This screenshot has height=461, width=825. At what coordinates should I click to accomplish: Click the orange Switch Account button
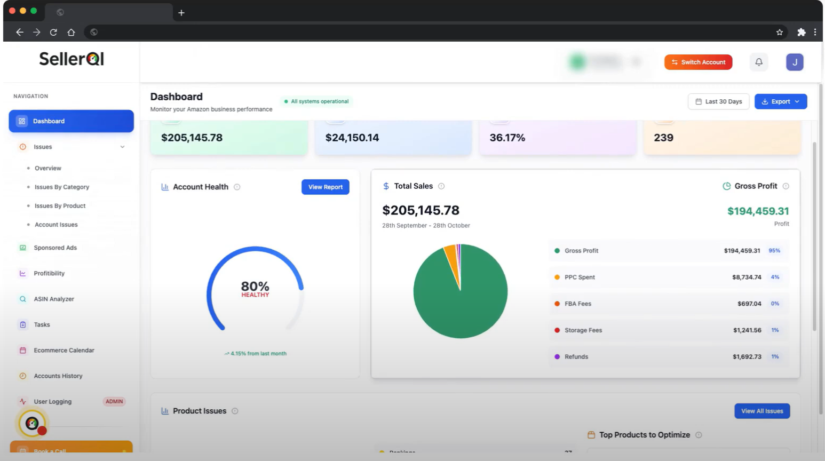698,62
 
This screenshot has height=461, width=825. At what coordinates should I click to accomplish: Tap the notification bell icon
759,62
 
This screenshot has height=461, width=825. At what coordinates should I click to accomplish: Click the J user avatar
795,62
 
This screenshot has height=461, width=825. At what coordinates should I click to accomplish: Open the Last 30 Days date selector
719,101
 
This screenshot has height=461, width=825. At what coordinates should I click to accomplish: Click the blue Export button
780,101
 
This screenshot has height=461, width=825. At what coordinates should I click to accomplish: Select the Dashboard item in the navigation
71,121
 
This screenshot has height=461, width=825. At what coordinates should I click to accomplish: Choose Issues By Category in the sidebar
62,187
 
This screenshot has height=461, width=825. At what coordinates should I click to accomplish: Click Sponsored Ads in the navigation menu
55,248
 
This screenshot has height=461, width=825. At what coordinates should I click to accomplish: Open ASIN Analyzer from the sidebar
54,299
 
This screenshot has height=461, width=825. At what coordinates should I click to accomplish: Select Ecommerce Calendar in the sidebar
64,351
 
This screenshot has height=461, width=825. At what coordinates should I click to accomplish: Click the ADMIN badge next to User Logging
114,402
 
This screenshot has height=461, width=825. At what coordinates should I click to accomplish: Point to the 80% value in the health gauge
255,287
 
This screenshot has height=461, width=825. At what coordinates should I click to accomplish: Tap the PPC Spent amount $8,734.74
747,277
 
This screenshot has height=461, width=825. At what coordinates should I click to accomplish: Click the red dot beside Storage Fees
557,330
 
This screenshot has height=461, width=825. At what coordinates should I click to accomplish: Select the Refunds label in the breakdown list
576,357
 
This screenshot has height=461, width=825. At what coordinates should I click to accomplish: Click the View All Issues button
761,411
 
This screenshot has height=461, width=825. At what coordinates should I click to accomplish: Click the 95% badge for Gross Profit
774,251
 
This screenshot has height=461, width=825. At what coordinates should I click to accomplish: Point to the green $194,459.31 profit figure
758,211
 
